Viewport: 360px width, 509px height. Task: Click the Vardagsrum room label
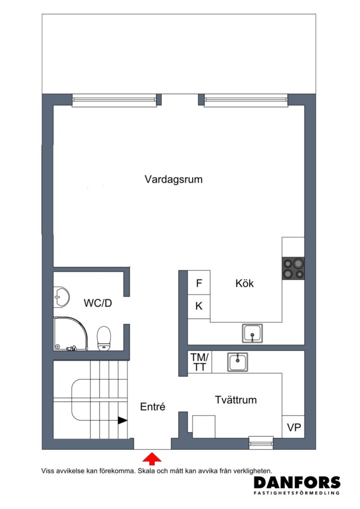(173, 179)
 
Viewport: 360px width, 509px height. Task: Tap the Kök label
(245, 283)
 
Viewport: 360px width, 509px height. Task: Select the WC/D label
(98, 303)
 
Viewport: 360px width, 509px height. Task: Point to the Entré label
(153, 406)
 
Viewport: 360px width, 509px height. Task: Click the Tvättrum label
(236, 400)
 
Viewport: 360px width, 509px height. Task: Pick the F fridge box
(199, 282)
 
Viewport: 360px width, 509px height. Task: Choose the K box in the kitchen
(199, 306)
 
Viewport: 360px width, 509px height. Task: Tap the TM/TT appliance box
(200, 362)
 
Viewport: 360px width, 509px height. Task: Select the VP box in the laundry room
(294, 427)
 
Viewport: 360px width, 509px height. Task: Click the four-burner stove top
(293, 268)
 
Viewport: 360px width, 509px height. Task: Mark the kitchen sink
(252, 333)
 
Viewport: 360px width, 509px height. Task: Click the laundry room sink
(237, 362)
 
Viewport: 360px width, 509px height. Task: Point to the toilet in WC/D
(104, 338)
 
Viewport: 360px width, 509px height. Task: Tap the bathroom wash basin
(62, 297)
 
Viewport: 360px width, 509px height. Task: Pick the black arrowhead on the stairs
(123, 420)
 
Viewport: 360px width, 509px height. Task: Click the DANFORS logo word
(297, 483)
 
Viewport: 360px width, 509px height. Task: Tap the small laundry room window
(262, 443)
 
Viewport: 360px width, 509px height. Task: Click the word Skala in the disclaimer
(147, 471)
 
